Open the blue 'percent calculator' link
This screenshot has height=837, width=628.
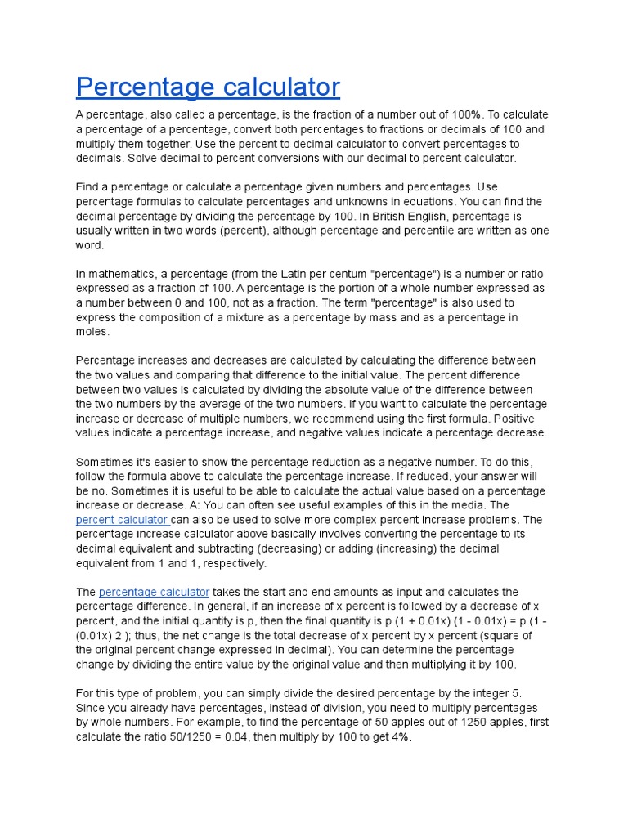click(121, 520)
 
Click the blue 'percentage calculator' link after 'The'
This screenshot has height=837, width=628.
click(154, 592)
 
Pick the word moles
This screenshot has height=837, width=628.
click(92, 332)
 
